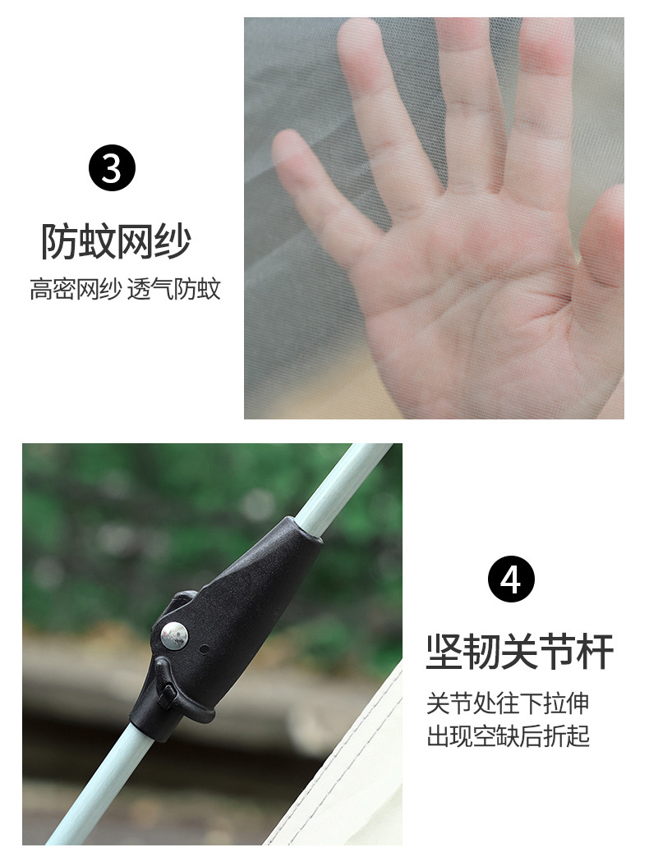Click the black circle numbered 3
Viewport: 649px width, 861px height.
point(112,167)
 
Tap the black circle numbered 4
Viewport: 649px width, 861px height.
point(511,579)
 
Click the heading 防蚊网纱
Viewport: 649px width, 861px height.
point(116,241)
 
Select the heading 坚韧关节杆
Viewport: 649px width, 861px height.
point(519,652)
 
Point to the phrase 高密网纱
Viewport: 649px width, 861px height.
point(76,290)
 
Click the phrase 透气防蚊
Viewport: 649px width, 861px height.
point(173,290)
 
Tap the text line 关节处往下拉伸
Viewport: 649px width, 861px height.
point(508,703)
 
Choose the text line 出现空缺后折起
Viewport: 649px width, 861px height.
point(509,736)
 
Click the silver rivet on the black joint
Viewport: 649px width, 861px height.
point(174,635)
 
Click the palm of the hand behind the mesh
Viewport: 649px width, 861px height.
point(484,308)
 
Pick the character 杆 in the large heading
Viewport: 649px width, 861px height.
point(595,652)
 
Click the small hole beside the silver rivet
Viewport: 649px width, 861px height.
point(204,649)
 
